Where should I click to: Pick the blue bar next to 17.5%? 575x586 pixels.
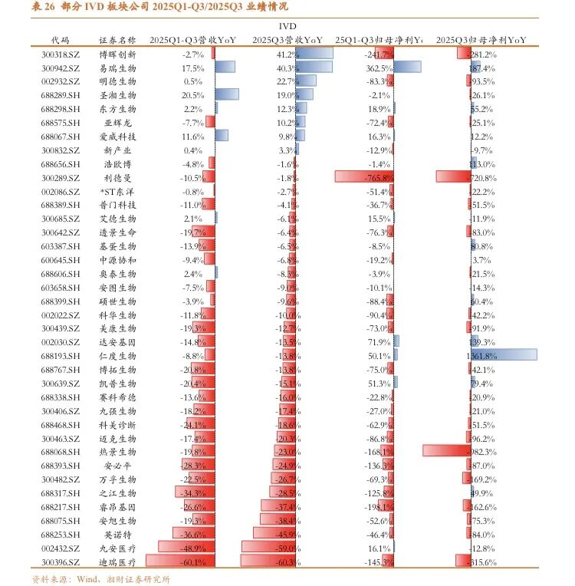225,67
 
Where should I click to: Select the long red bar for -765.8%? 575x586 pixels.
365,177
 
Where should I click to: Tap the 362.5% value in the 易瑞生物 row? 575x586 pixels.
380,67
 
